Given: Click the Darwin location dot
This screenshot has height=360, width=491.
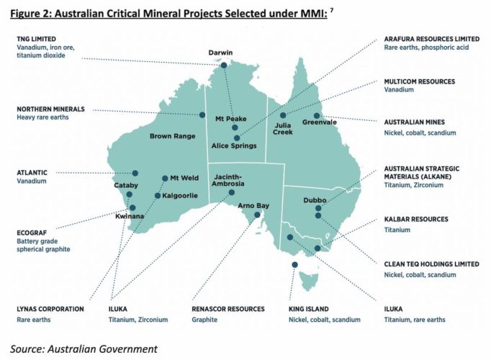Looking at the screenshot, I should tap(223, 66).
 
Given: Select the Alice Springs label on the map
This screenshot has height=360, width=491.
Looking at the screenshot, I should tap(234, 146).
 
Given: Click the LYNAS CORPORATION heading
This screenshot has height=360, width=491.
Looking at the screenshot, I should tap(50, 309).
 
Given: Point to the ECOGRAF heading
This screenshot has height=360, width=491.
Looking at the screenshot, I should tap(33, 233).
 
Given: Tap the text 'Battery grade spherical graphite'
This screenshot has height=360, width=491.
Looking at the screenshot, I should tap(45, 248).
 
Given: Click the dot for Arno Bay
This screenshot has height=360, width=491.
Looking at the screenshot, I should tap(254, 222).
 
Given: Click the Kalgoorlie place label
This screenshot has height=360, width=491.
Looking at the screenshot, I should tap(179, 195).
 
